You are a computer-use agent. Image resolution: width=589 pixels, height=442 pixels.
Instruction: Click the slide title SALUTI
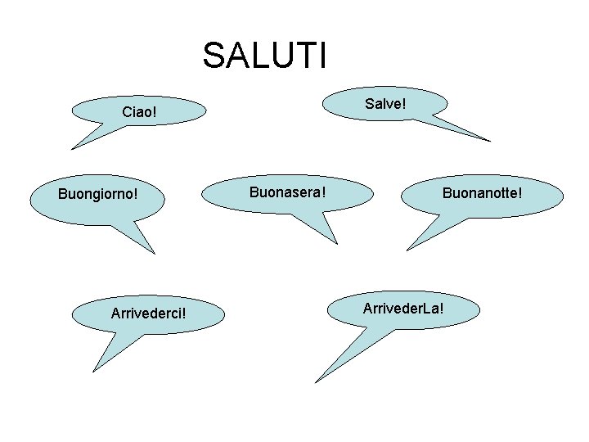click(x=265, y=56)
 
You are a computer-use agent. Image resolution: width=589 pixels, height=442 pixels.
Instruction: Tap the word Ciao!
click(x=139, y=111)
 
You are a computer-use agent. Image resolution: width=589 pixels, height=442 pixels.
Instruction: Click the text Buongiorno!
click(x=97, y=195)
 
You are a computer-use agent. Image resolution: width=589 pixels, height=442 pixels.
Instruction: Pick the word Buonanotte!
click(x=482, y=194)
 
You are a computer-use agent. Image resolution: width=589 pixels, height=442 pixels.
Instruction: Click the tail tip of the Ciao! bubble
click(x=72, y=149)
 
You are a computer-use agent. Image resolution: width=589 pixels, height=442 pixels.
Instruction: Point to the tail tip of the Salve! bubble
click(x=490, y=141)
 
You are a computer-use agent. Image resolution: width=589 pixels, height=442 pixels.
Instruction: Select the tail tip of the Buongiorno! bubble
click(x=153, y=253)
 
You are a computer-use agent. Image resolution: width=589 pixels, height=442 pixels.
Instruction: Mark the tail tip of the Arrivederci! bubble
click(x=92, y=371)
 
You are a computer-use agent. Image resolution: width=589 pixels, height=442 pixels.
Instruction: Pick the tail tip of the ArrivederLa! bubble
click(x=317, y=381)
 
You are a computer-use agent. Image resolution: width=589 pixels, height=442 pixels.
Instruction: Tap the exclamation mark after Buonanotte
click(x=519, y=194)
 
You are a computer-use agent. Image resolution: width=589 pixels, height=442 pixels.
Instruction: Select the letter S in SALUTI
click(x=213, y=56)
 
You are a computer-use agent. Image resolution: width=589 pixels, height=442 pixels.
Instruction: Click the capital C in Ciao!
click(x=126, y=111)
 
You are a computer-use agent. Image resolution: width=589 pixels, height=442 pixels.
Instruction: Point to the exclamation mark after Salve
click(x=405, y=104)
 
